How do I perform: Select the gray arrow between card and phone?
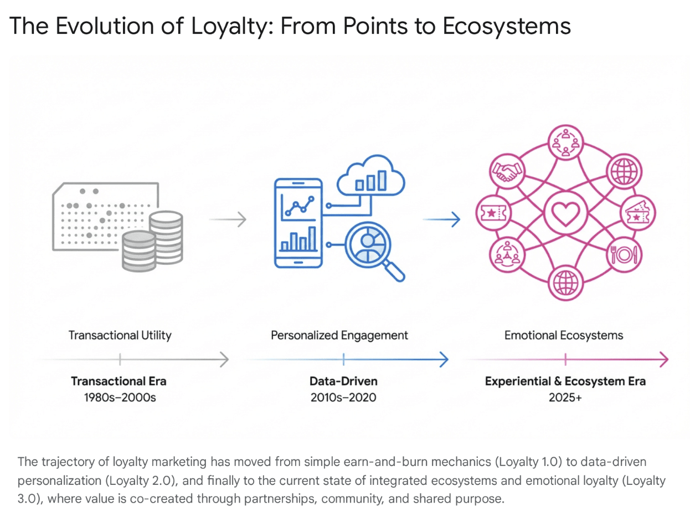click(x=228, y=219)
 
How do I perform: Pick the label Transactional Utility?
click(x=120, y=335)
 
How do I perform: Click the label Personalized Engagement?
click(x=339, y=335)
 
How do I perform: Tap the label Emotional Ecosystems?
click(x=563, y=335)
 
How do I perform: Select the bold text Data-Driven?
click(x=343, y=381)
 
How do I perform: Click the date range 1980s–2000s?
click(x=120, y=397)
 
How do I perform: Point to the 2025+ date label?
click(x=565, y=397)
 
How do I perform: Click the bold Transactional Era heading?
click(x=119, y=381)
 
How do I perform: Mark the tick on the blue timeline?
click(x=344, y=360)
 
